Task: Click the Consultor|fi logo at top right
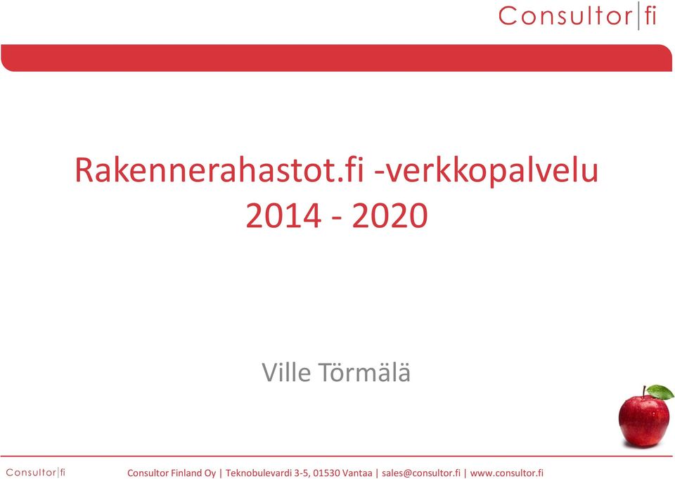pyautogui.click(x=577, y=16)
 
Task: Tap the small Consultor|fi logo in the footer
pyautogui.click(x=36, y=473)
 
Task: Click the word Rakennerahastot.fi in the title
pyautogui.click(x=219, y=170)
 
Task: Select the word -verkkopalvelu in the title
pyautogui.click(x=487, y=170)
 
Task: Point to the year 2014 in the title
pyautogui.click(x=283, y=216)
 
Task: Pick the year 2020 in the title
pyautogui.click(x=390, y=216)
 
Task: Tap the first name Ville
pyautogui.click(x=286, y=373)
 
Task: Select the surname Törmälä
pyautogui.click(x=364, y=373)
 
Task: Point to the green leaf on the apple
pyautogui.click(x=660, y=392)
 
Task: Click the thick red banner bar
pyautogui.click(x=336, y=58)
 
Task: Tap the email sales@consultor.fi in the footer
pyautogui.click(x=421, y=473)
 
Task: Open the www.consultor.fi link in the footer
pyautogui.click(x=507, y=473)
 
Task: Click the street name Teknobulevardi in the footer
pyautogui.click(x=259, y=473)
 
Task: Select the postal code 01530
pyautogui.click(x=326, y=473)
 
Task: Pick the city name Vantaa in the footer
pyautogui.click(x=357, y=473)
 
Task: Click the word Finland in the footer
pyautogui.click(x=186, y=473)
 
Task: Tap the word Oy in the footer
pyautogui.click(x=210, y=473)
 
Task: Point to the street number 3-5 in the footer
pyautogui.click(x=302, y=473)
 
